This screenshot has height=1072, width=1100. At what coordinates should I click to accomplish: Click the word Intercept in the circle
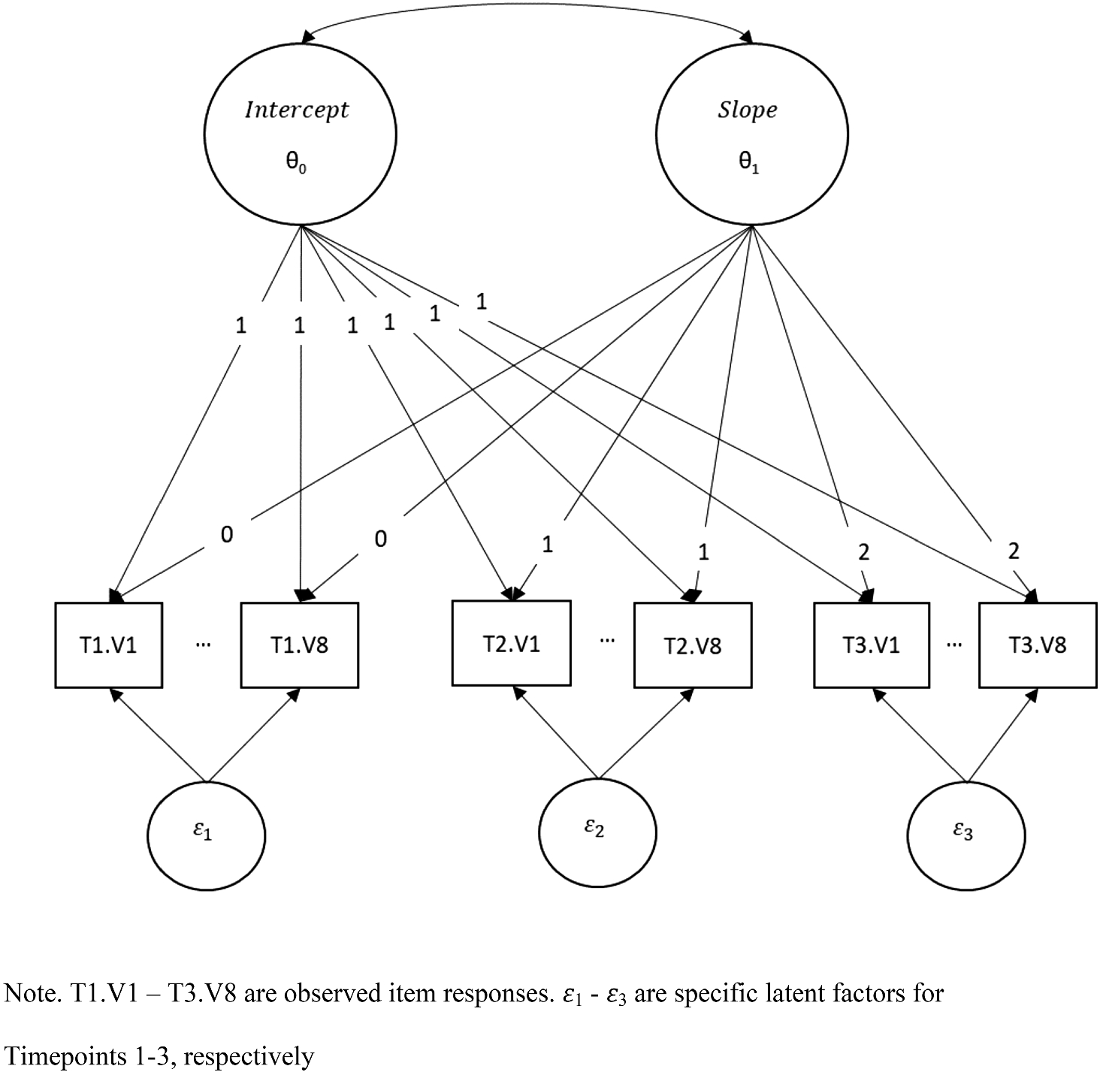click(x=297, y=110)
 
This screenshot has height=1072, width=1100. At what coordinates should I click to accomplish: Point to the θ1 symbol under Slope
click(x=749, y=163)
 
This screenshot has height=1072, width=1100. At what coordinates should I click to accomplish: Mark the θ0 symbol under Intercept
click(x=296, y=163)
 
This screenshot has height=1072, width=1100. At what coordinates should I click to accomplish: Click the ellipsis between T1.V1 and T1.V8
click(x=202, y=645)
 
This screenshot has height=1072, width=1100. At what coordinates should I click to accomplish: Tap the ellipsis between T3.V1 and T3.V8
click(x=954, y=645)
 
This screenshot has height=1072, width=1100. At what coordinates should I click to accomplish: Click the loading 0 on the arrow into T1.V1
click(x=227, y=534)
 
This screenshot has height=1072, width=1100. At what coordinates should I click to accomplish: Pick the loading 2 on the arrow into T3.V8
click(x=1014, y=551)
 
